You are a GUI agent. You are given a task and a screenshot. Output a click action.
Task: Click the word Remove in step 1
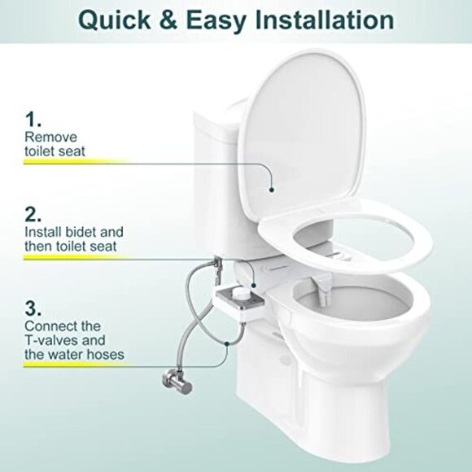[x=47, y=137]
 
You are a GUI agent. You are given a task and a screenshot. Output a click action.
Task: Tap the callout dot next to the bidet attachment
[x=253, y=284]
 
